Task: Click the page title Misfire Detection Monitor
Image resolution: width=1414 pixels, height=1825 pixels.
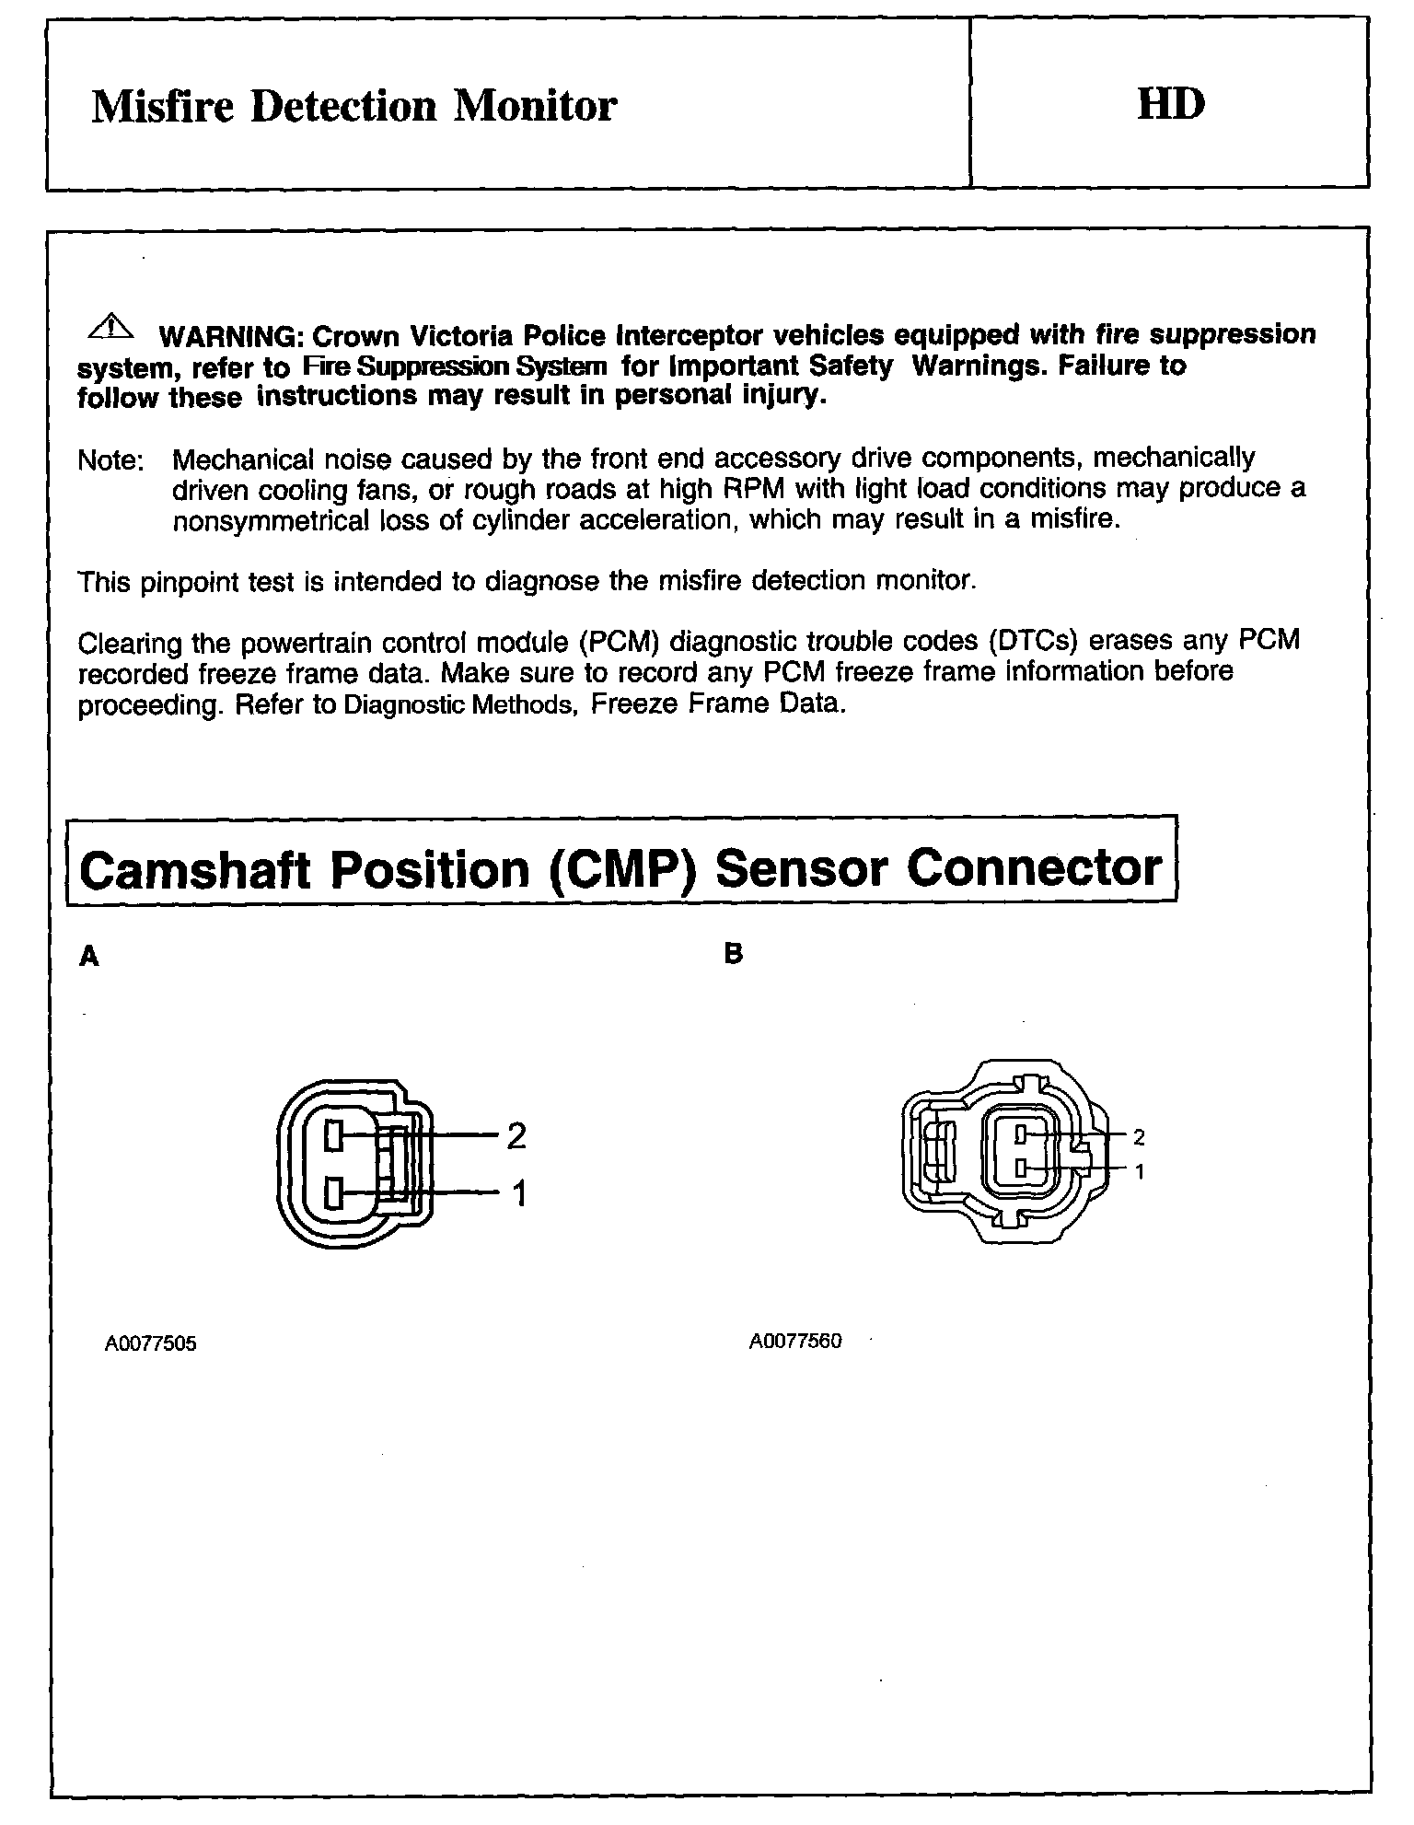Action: [353, 106]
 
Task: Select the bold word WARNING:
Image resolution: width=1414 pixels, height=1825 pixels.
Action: [233, 335]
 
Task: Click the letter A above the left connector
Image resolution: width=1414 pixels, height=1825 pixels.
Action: [89, 957]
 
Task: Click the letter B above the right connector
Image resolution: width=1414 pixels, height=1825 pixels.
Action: [733, 954]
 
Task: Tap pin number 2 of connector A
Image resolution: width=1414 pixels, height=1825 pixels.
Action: [516, 1136]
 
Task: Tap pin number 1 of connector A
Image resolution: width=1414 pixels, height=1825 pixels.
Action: [518, 1194]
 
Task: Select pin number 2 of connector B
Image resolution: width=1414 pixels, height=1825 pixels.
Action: [1139, 1138]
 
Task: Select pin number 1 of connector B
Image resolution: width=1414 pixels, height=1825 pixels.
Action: [1139, 1172]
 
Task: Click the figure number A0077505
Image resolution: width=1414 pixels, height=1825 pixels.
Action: [150, 1343]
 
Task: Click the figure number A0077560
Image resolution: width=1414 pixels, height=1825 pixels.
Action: [795, 1341]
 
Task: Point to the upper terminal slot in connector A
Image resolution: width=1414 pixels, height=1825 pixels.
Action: [334, 1136]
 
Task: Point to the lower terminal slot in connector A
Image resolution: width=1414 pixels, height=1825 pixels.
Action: [334, 1195]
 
